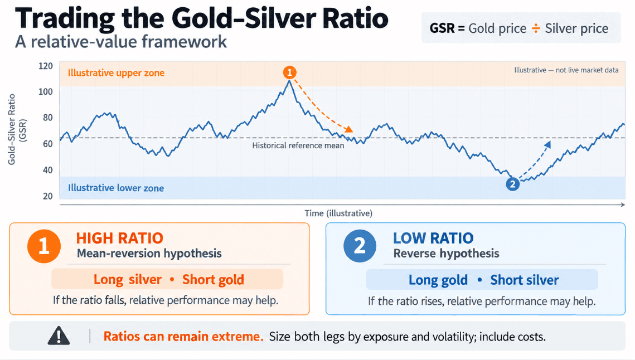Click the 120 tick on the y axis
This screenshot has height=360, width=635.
click(x=45, y=66)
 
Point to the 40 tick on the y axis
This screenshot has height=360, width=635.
click(x=47, y=170)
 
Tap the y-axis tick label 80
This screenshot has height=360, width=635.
click(x=47, y=118)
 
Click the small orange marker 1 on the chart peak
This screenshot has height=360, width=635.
click(x=289, y=72)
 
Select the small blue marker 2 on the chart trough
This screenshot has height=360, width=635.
click(x=513, y=184)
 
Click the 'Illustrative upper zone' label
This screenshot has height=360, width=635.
click(x=116, y=73)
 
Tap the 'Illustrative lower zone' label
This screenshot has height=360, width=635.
click(x=116, y=188)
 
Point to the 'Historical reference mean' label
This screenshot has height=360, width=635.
click(x=298, y=145)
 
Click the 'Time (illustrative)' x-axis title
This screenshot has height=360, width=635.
click(x=338, y=213)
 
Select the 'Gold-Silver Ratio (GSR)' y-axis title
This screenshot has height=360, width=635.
click(x=17, y=130)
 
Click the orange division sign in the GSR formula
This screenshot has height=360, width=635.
click(x=536, y=28)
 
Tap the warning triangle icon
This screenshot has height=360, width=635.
click(x=59, y=335)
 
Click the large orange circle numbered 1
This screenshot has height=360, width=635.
click(x=44, y=246)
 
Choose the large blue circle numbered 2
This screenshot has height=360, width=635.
click(x=360, y=246)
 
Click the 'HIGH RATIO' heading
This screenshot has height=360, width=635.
click(x=119, y=238)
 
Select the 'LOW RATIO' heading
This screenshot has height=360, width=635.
click(x=433, y=238)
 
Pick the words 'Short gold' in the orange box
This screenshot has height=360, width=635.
click(x=213, y=279)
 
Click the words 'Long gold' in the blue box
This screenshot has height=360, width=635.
click(x=438, y=280)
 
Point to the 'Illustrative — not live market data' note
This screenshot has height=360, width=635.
click(x=566, y=70)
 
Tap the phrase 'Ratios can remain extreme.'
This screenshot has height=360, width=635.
click(x=183, y=336)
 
